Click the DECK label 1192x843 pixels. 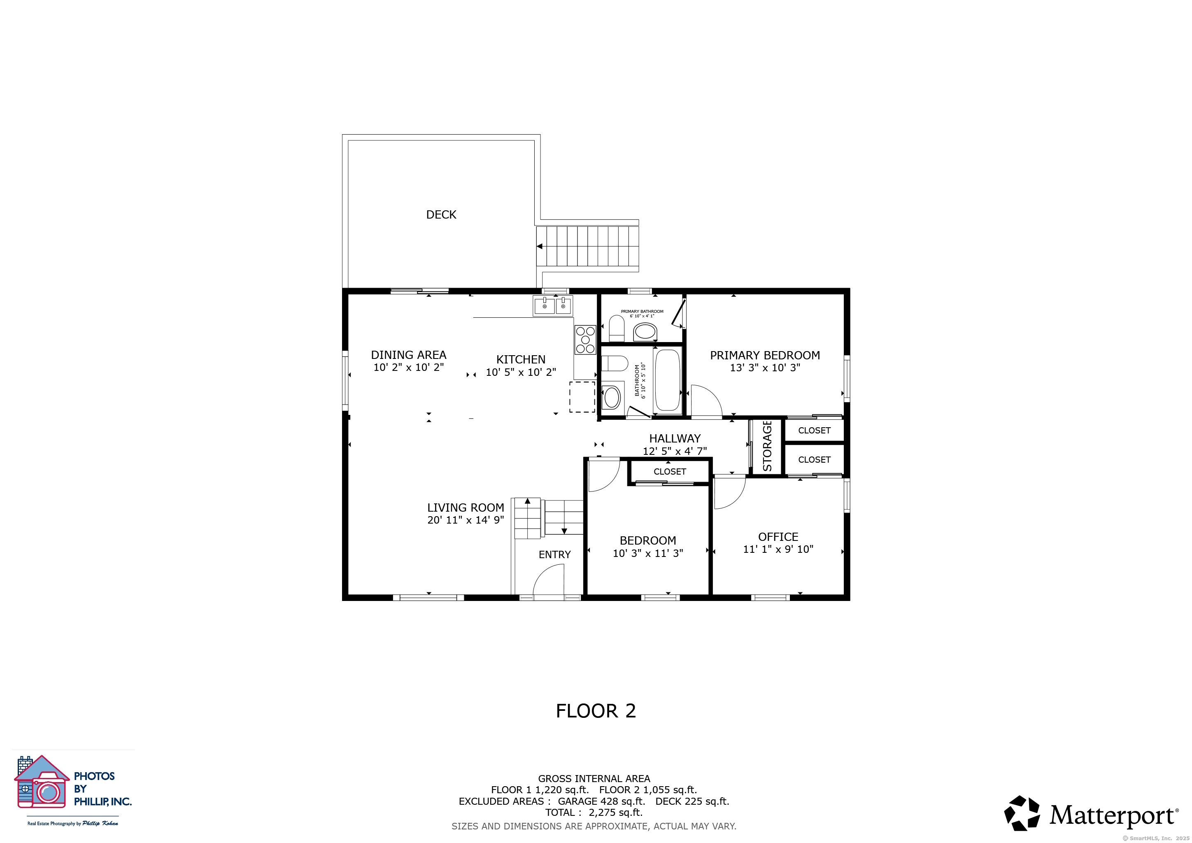(x=441, y=214)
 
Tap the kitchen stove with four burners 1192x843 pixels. (x=585, y=340)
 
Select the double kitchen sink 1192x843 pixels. (x=553, y=306)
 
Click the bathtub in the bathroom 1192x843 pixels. (x=668, y=380)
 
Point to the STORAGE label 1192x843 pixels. (x=767, y=446)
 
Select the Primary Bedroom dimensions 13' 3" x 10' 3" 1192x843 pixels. (x=765, y=368)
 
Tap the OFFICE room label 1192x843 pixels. (x=778, y=537)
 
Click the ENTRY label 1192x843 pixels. (x=554, y=554)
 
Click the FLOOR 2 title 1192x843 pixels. (x=596, y=710)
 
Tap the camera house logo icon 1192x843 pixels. (x=42, y=782)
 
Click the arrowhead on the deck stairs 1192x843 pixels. (x=540, y=246)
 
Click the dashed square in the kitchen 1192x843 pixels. (x=582, y=397)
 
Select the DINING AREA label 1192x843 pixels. (x=409, y=355)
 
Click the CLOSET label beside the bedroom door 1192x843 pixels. (x=670, y=471)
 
